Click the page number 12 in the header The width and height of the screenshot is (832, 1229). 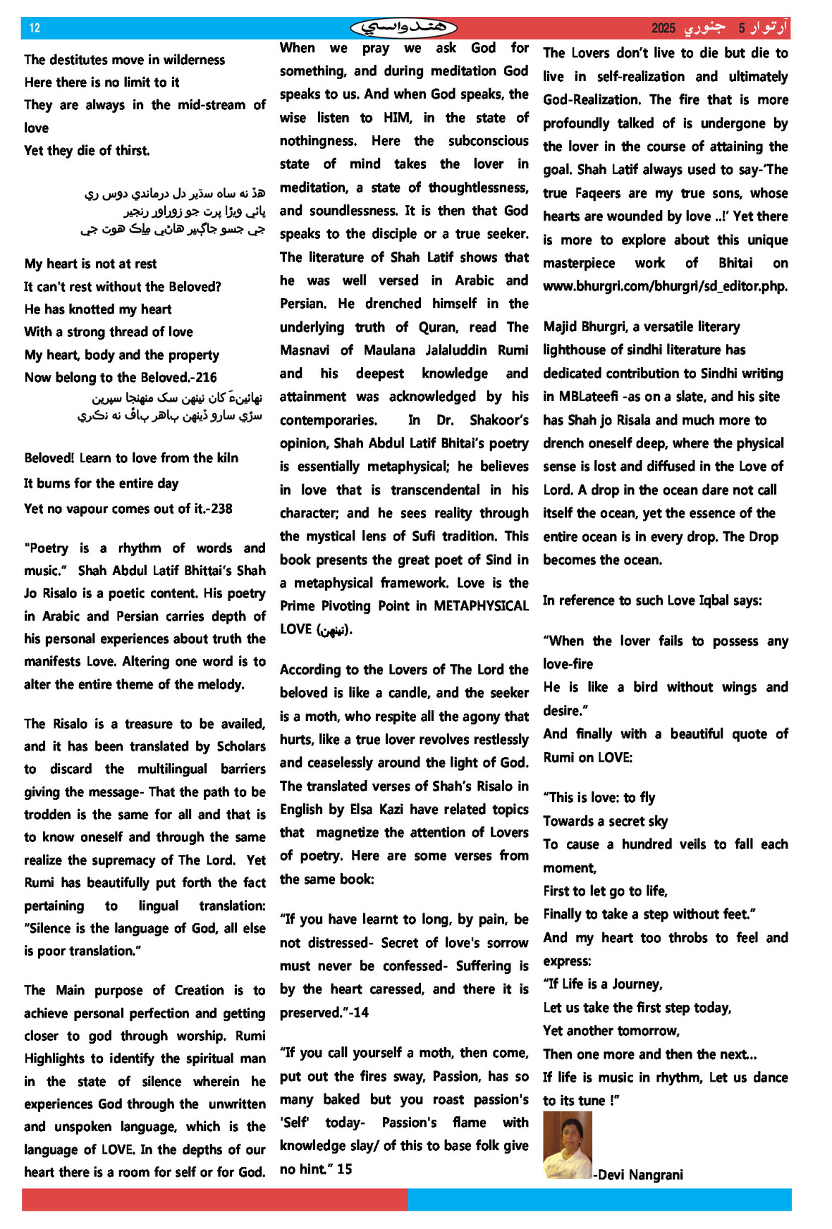pyautogui.click(x=35, y=28)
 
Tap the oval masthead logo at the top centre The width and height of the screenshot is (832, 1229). pyautogui.click(x=403, y=27)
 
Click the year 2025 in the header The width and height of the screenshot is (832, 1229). pyautogui.click(x=663, y=28)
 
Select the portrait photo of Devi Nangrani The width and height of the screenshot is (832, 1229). pyautogui.click(x=568, y=1144)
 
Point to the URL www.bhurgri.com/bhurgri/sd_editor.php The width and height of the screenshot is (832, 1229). pyautogui.click(x=665, y=286)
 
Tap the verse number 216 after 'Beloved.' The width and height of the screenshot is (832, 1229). pyautogui.click(x=206, y=377)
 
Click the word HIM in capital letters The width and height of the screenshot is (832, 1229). pyautogui.click(x=397, y=118)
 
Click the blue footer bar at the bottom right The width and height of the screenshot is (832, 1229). pyautogui.click(x=599, y=1199)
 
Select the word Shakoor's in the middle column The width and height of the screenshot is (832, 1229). pyautogui.click(x=498, y=420)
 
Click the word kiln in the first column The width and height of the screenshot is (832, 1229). pyautogui.click(x=227, y=458)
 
